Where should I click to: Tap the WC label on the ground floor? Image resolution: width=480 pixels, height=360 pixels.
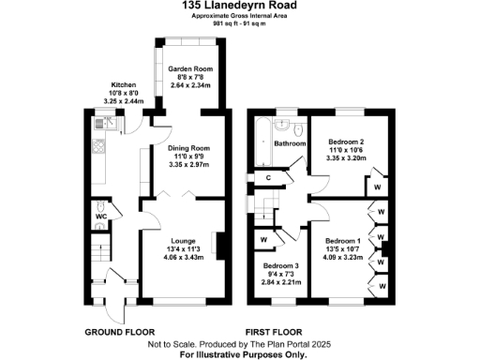[x=103, y=223]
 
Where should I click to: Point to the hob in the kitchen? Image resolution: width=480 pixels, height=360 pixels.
[x=98, y=147]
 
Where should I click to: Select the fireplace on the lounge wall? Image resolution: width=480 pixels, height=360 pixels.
[x=219, y=246]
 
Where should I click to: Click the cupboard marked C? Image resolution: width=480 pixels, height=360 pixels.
[x=268, y=177]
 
